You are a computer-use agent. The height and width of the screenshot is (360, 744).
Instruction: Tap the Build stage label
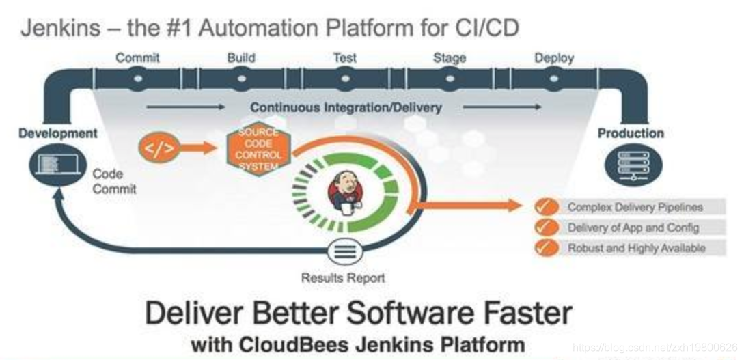pyautogui.click(x=240, y=58)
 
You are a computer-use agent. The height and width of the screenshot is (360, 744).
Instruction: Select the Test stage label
pyautogui.click(x=344, y=58)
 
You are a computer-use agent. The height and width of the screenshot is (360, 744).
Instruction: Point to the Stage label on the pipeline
pyautogui.click(x=449, y=58)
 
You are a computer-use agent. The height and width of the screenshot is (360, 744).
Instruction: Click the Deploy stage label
pyautogui.click(x=554, y=58)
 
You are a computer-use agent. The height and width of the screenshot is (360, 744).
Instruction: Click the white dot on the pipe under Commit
pyautogui.click(x=138, y=79)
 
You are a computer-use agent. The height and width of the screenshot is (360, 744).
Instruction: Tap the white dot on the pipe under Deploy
pyautogui.click(x=552, y=79)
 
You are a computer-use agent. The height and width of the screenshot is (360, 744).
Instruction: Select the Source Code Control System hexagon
pyautogui.click(x=258, y=149)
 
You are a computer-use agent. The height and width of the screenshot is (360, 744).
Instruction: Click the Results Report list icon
pyautogui.click(x=344, y=252)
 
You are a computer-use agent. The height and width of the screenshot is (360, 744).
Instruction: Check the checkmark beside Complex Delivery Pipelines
pyautogui.click(x=545, y=207)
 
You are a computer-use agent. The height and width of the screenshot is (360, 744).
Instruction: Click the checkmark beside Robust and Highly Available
pyautogui.click(x=545, y=248)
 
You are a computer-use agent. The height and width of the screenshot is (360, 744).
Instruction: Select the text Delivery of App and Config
pyautogui.click(x=633, y=227)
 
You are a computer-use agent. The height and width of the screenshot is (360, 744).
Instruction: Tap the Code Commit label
pyautogui.click(x=114, y=181)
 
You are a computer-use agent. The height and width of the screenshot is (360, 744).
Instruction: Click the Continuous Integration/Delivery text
pyautogui.click(x=346, y=107)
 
